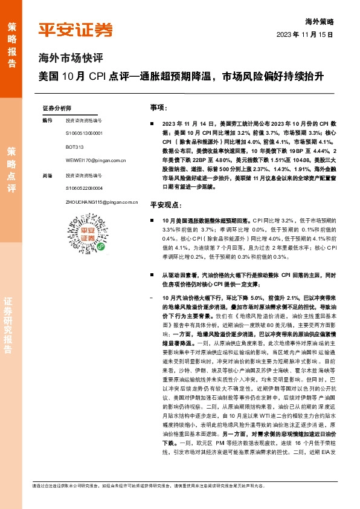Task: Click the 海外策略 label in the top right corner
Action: click(320, 21)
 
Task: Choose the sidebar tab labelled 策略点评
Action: click(11, 169)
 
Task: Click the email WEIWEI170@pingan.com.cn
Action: click(95, 161)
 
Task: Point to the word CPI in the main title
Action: click(97, 77)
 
